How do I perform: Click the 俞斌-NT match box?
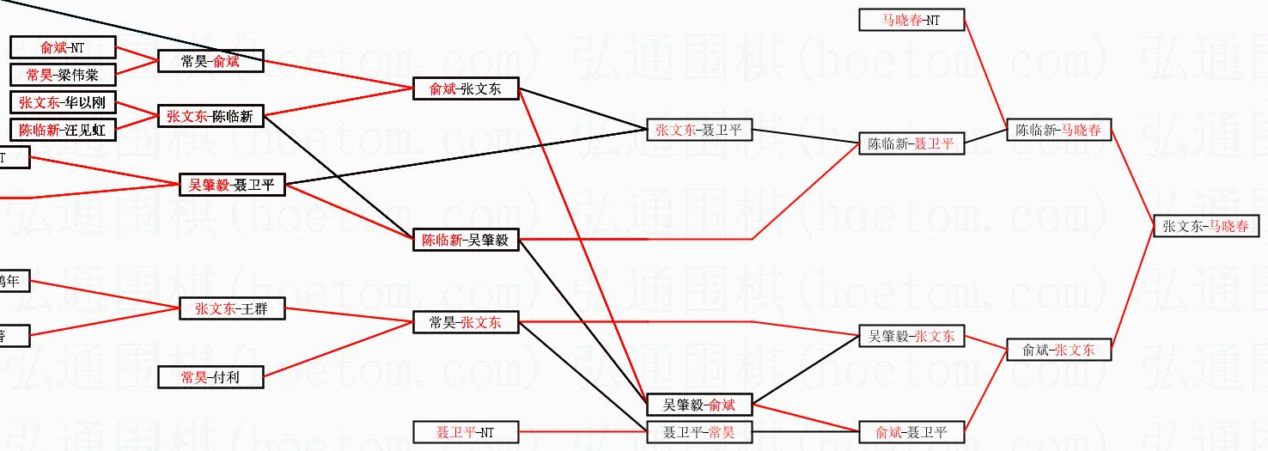(x=63, y=48)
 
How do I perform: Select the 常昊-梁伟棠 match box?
(x=63, y=75)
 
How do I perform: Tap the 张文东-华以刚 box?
(x=63, y=102)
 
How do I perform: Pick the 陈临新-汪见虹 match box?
(x=63, y=130)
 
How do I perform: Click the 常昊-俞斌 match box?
(x=210, y=61)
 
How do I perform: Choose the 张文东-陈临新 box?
(x=210, y=116)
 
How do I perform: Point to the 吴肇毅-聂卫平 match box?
(x=232, y=185)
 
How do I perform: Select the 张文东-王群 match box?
(x=232, y=308)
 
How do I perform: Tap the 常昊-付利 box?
(x=210, y=377)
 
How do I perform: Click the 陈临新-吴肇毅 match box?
(x=466, y=240)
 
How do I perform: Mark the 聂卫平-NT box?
(x=466, y=432)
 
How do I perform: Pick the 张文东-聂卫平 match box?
(x=698, y=131)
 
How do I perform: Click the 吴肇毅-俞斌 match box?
(x=698, y=405)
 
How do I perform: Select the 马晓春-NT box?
(x=911, y=20)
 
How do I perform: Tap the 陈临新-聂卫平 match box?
(x=911, y=143)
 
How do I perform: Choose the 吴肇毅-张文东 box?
(x=911, y=336)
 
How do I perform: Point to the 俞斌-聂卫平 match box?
(x=911, y=432)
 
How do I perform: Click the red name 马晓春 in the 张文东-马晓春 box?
(x=1229, y=227)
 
